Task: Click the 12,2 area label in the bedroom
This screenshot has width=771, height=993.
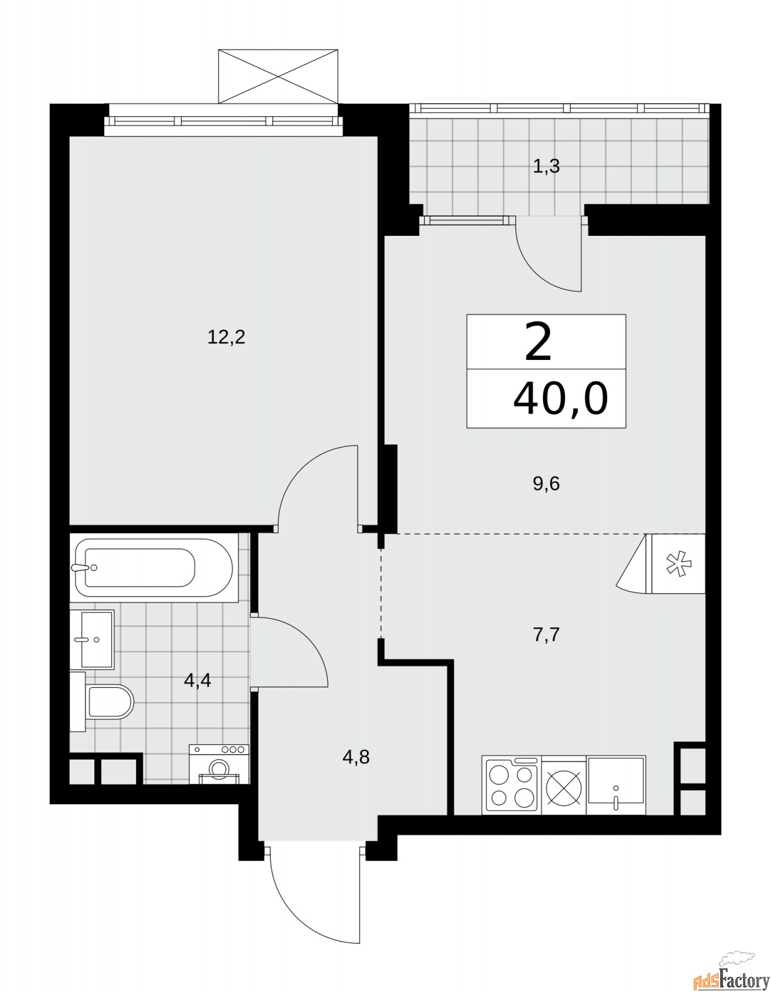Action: point(227,338)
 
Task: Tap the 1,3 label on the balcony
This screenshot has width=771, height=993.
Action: point(546,166)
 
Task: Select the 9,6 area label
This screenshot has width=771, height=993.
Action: point(546,483)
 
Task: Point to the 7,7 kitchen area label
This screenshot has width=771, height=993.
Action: point(546,635)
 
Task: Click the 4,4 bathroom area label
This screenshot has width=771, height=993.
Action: point(197,681)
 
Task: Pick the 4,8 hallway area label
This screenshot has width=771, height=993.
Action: point(356,757)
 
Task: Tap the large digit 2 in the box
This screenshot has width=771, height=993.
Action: point(538,343)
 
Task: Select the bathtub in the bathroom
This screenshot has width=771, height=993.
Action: point(153,567)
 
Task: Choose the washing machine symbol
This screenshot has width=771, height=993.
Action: point(219,765)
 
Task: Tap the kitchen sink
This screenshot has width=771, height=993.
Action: point(616,786)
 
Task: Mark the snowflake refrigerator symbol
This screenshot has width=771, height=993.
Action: point(678,564)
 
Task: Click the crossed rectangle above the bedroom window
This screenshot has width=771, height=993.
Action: point(279,76)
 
